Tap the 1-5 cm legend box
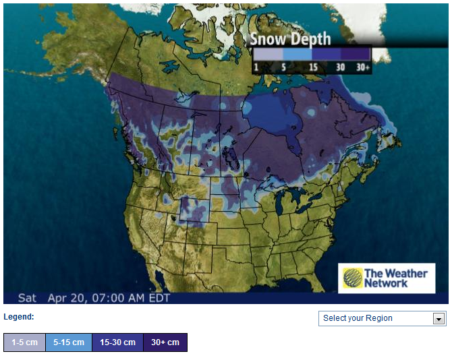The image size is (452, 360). point(24,342)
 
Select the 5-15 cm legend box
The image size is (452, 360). point(69,342)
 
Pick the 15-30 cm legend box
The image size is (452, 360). point(117,342)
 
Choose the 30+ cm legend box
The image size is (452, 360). point(165,342)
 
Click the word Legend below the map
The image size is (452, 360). point(19,317)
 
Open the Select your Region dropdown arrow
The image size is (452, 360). point(439,319)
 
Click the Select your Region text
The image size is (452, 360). point(358,318)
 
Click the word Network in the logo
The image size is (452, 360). point(386,284)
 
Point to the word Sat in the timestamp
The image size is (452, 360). point(27,297)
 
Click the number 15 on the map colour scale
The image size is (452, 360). point(314,68)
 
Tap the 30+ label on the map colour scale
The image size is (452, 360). point(362,68)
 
